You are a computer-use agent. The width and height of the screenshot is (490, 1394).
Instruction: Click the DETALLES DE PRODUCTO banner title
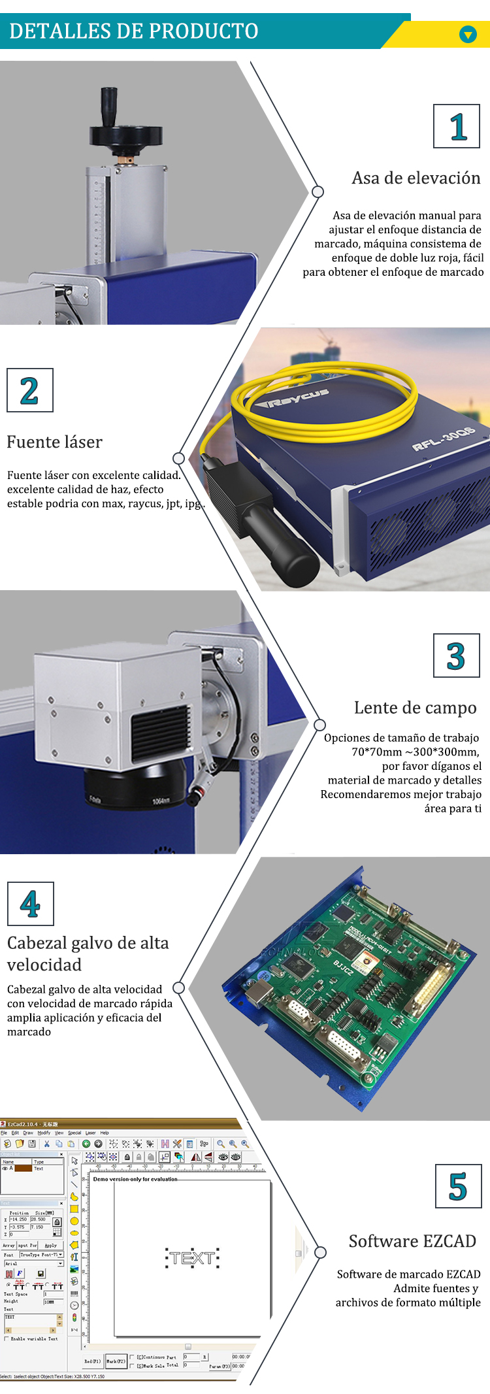click(134, 31)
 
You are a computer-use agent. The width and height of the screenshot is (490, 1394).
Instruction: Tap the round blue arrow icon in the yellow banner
click(468, 34)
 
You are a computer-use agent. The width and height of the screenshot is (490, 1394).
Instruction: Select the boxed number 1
click(457, 126)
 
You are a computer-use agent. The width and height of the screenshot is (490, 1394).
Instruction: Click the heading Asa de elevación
click(416, 178)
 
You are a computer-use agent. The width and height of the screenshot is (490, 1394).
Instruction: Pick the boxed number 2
click(29, 391)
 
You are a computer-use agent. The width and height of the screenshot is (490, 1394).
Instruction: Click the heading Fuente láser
click(54, 442)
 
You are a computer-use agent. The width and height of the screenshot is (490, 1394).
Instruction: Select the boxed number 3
click(456, 656)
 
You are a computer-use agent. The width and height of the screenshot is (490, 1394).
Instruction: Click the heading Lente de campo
click(415, 708)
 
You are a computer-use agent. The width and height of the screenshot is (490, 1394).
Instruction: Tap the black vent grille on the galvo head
click(160, 731)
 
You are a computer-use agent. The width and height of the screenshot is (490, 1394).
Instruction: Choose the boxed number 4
click(30, 904)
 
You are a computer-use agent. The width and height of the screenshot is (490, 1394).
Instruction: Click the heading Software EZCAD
click(412, 1241)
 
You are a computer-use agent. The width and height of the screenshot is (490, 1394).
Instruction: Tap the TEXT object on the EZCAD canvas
click(192, 1257)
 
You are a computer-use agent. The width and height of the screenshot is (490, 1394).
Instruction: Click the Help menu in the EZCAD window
click(105, 1133)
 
